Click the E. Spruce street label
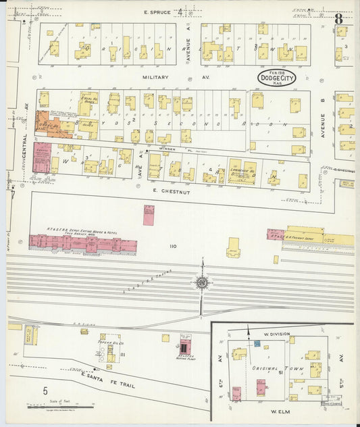[x=157, y=12]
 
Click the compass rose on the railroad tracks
[x=202, y=282]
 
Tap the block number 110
[x=173, y=246]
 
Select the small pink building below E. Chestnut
[x=149, y=215]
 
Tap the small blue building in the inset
[x=257, y=345]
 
